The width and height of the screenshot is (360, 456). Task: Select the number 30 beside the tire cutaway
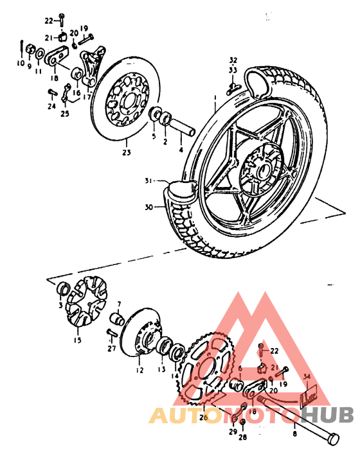[x=149, y=207]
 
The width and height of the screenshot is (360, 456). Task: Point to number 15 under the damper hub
[x=78, y=340]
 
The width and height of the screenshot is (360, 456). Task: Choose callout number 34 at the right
[x=307, y=377]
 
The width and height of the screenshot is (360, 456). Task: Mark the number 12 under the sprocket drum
[x=139, y=371]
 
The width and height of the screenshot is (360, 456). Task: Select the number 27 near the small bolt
[x=112, y=349]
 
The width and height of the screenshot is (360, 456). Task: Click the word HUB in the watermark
[x=331, y=416]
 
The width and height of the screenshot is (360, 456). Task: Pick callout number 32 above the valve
[x=233, y=59]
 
